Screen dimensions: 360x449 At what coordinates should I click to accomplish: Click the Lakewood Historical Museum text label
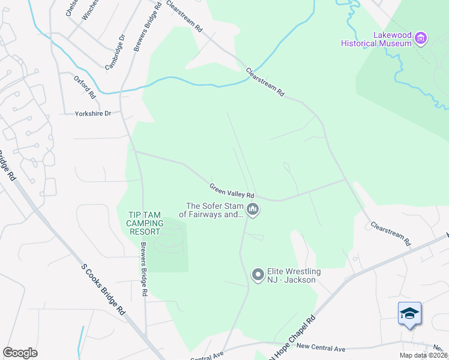pyautogui.click(x=376, y=39)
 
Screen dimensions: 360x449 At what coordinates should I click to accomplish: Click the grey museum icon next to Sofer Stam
pyautogui.click(x=253, y=209)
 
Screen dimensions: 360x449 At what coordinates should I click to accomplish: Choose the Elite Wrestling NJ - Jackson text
pyautogui.click(x=294, y=275)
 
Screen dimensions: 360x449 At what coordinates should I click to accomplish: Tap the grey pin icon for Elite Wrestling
pyautogui.click(x=258, y=275)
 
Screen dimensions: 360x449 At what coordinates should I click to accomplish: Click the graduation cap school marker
pyautogui.click(x=409, y=313)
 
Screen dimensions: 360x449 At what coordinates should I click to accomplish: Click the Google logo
pyautogui.click(x=20, y=353)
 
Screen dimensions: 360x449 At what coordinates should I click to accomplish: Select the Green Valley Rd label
pyautogui.click(x=232, y=191)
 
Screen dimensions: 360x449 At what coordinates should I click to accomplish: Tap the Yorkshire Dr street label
pyautogui.click(x=93, y=113)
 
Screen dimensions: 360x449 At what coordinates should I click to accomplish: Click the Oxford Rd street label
pyautogui.click(x=85, y=87)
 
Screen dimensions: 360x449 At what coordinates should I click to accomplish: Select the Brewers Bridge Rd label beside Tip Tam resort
pyautogui.click(x=143, y=270)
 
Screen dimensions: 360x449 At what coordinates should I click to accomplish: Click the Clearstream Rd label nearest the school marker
pyautogui.click(x=390, y=233)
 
